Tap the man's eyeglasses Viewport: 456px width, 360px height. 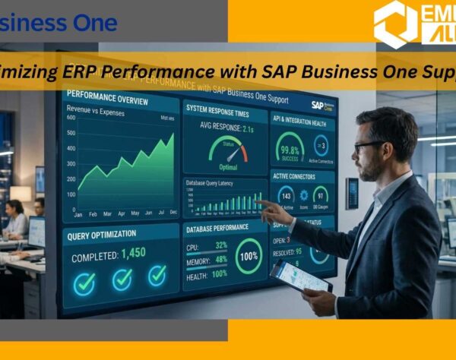tap(368, 144)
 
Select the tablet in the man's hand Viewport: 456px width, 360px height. tap(301, 276)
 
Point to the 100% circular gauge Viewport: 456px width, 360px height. tap(249, 256)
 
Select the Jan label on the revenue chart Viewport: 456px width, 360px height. tap(78, 213)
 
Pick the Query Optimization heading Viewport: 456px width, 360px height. tap(102, 234)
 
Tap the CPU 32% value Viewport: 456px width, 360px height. tap(221, 246)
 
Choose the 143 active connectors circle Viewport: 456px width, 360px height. tap(286, 196)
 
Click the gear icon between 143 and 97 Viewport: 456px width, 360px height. tap(303, 196)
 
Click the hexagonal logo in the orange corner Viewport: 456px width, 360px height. tap(396, 23)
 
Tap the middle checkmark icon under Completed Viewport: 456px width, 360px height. tap(122, 279)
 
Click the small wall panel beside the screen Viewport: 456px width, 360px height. tap(352, 193)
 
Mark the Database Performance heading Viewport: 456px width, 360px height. tap(218, 229)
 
